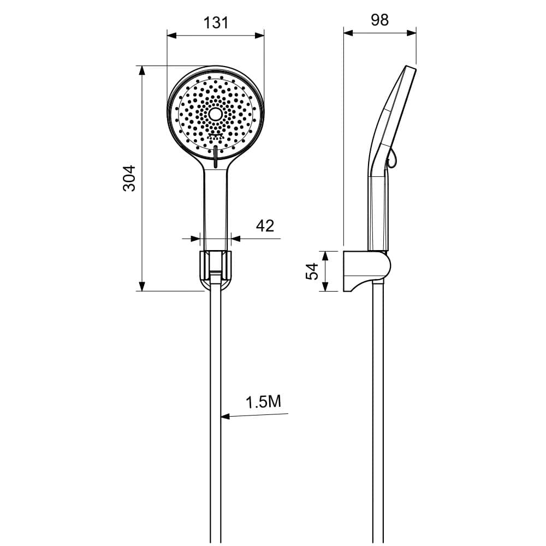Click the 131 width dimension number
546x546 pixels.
pos(216,22)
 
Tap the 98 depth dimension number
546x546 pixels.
pos(379,20)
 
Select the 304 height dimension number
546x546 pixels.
pos(129,179)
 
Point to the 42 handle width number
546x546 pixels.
pos(265,226)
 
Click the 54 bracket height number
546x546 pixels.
pos(312,271)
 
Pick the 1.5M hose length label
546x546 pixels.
pos(263,402)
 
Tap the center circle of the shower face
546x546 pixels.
pos(215,114)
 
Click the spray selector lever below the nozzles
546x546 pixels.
pos(216,157)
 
